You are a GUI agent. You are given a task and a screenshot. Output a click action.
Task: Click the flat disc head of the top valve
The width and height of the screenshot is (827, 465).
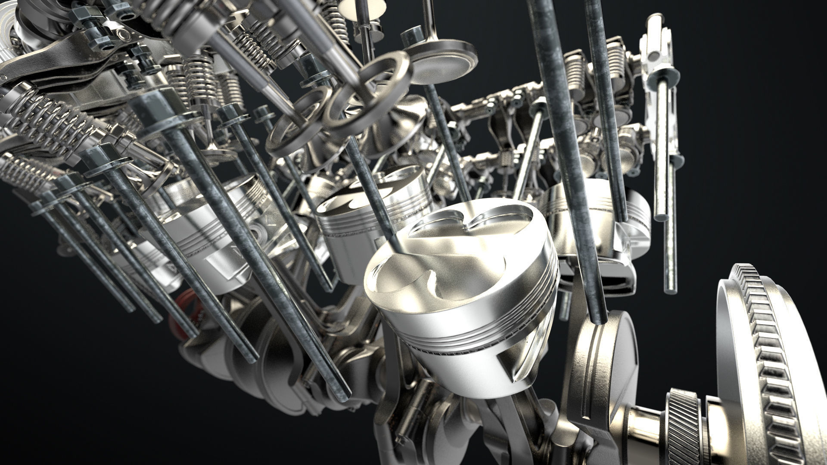(x=444, y=60)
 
